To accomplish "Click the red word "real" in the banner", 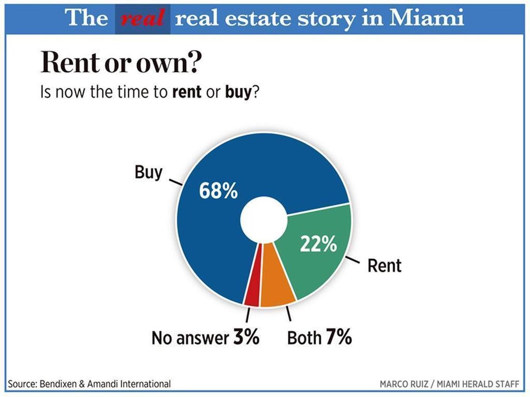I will (x=142, y=18).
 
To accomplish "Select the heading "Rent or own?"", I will (x=120, y=64).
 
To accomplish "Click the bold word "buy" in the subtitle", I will (x=238, y=92).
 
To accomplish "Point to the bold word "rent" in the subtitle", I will (x=187, y=92).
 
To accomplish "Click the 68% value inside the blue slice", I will (x=219, y=191).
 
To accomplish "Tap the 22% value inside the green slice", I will (x=318, y=244).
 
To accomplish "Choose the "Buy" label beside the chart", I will (x=148, y=172).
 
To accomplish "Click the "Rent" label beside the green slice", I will (x=384, y=266).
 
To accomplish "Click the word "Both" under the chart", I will (x=304, y=338).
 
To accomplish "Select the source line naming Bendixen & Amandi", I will (x=89, y=384).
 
